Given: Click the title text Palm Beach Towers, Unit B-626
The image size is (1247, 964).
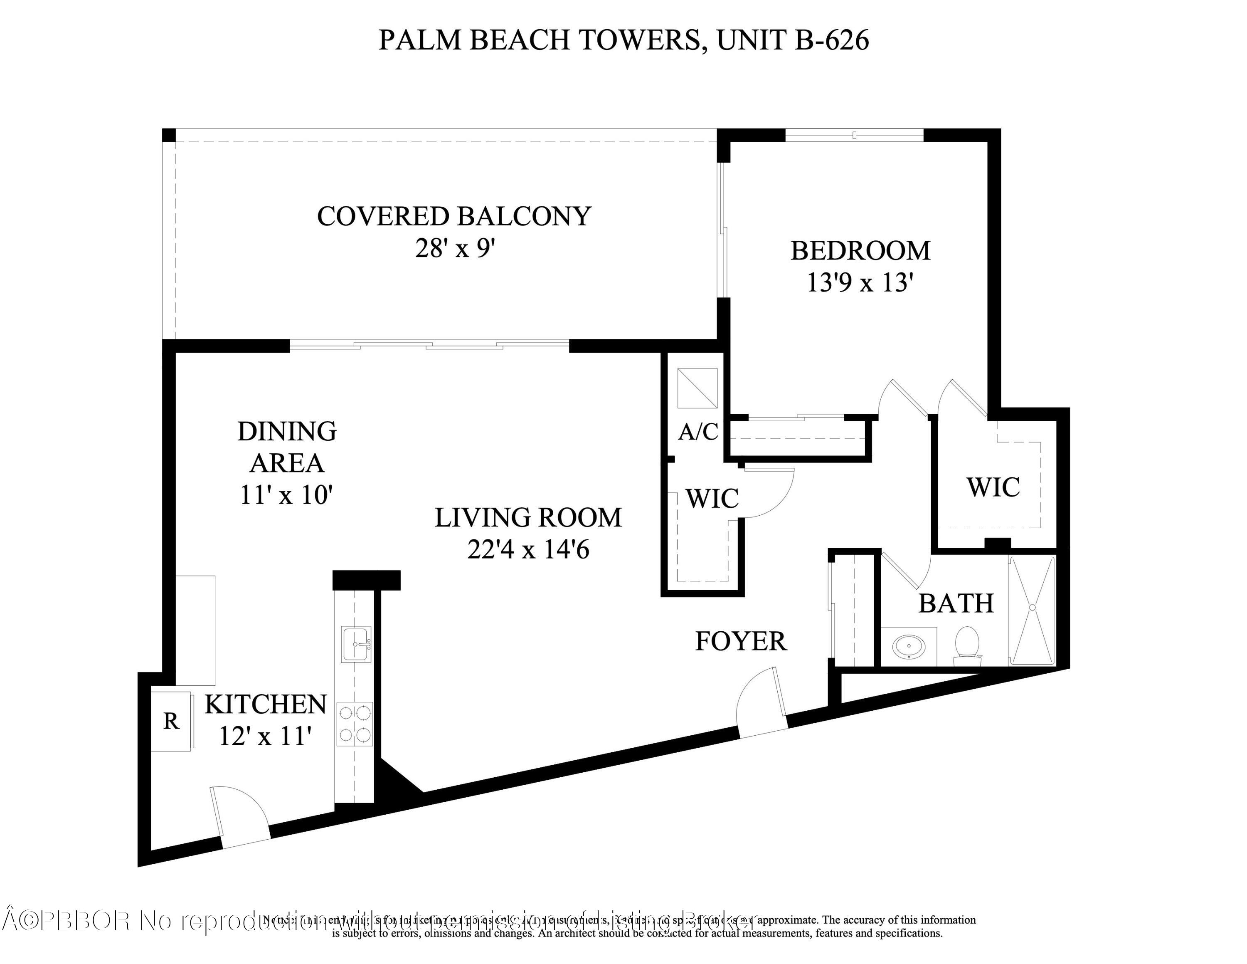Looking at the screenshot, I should point(623,40).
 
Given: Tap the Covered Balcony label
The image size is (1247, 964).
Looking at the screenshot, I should point(454,216).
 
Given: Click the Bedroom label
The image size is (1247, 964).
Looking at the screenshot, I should point(860,251).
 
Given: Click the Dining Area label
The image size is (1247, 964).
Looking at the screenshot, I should point(287,447).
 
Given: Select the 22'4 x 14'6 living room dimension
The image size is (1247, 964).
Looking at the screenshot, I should point(528,550).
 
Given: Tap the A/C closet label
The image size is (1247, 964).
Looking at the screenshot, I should point(698,432).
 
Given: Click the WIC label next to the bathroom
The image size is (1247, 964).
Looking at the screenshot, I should point(993,487).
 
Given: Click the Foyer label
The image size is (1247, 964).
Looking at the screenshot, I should point(741,641).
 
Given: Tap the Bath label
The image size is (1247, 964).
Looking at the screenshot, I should point(956,603).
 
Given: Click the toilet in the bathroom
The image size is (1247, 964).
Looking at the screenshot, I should point(967,645).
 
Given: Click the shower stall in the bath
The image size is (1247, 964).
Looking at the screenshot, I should point(1032,611).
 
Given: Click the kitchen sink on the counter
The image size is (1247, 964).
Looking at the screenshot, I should point(356,644).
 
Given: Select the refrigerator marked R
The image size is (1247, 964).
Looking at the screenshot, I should point(171,721).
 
